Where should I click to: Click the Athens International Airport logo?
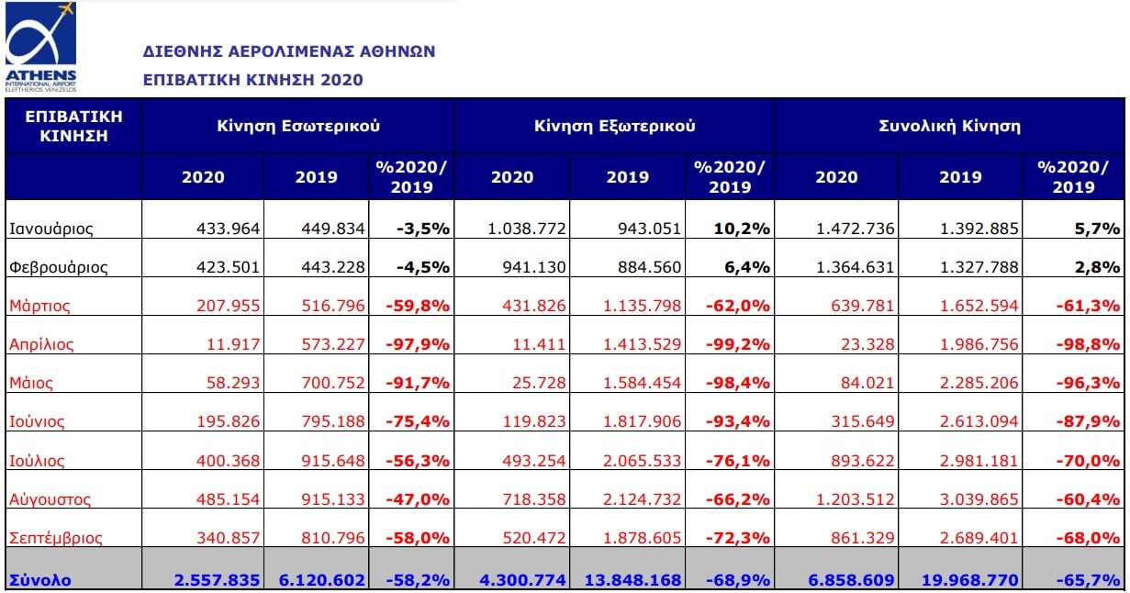pos(40,46)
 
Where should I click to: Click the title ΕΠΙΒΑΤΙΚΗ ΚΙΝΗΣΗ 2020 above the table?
pos(252,80)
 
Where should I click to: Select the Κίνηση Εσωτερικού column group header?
pos(298,126)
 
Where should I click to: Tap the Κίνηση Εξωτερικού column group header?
pos(614,126)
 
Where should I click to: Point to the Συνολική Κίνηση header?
pos(949,126)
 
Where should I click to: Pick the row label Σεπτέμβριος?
pos(55,538)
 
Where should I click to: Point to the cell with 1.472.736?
pos(856,229)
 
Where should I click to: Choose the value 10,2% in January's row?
pos(744,229)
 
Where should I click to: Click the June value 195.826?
pos(230,422)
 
